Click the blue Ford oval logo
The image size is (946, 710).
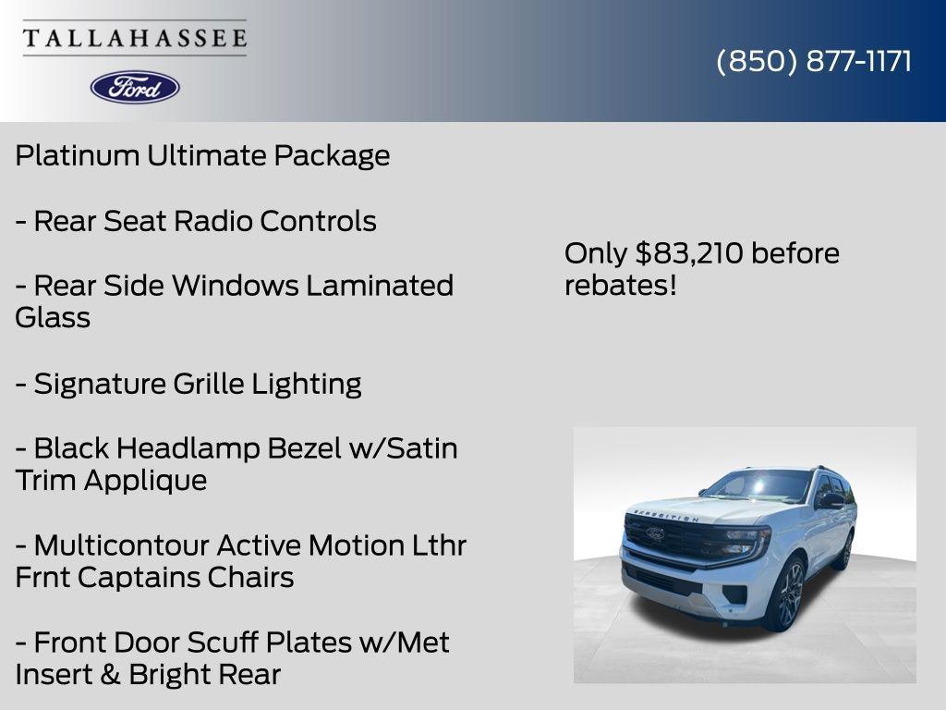[x=135, y=87]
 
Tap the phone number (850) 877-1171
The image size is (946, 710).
[x=814, y=61]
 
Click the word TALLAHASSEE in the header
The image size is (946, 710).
[x=135, y=38]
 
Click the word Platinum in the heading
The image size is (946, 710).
[x=77, y=155]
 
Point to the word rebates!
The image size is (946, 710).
[x=620, y=286]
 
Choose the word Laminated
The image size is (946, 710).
[x=380, y=286]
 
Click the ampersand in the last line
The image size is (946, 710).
[x=109, y=675]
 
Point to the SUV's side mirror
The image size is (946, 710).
[x=830, y=500]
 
